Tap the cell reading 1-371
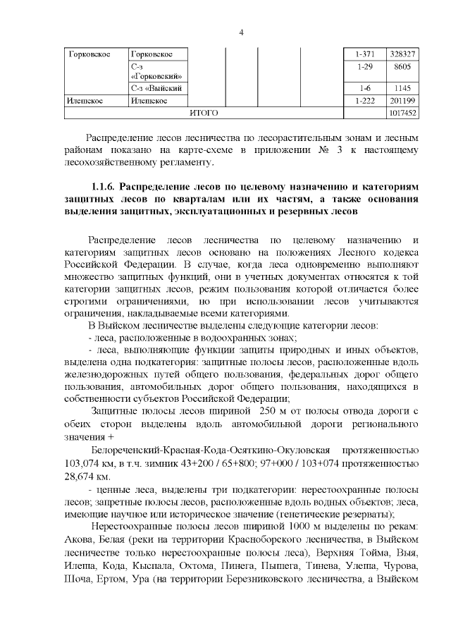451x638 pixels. pos(366,54)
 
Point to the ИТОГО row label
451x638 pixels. pos(204,113)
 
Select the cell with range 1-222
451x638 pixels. pos(366,101)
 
